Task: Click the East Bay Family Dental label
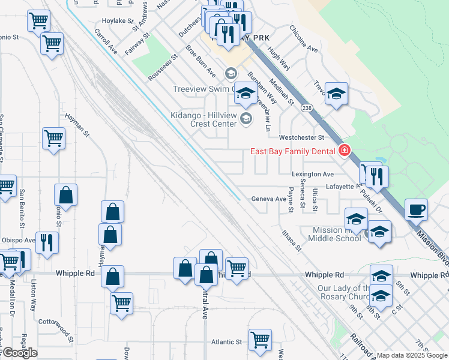[292, 151]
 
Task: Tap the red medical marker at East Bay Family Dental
[345, 151]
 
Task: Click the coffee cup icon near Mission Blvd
[416, 210]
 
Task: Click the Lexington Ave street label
[312, 174]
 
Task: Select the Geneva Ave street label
[268, 199]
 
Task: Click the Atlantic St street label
[226, 342]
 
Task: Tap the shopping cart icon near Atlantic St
[260, 340]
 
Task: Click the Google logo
[19, 353]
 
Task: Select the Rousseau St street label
[163, 70]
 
